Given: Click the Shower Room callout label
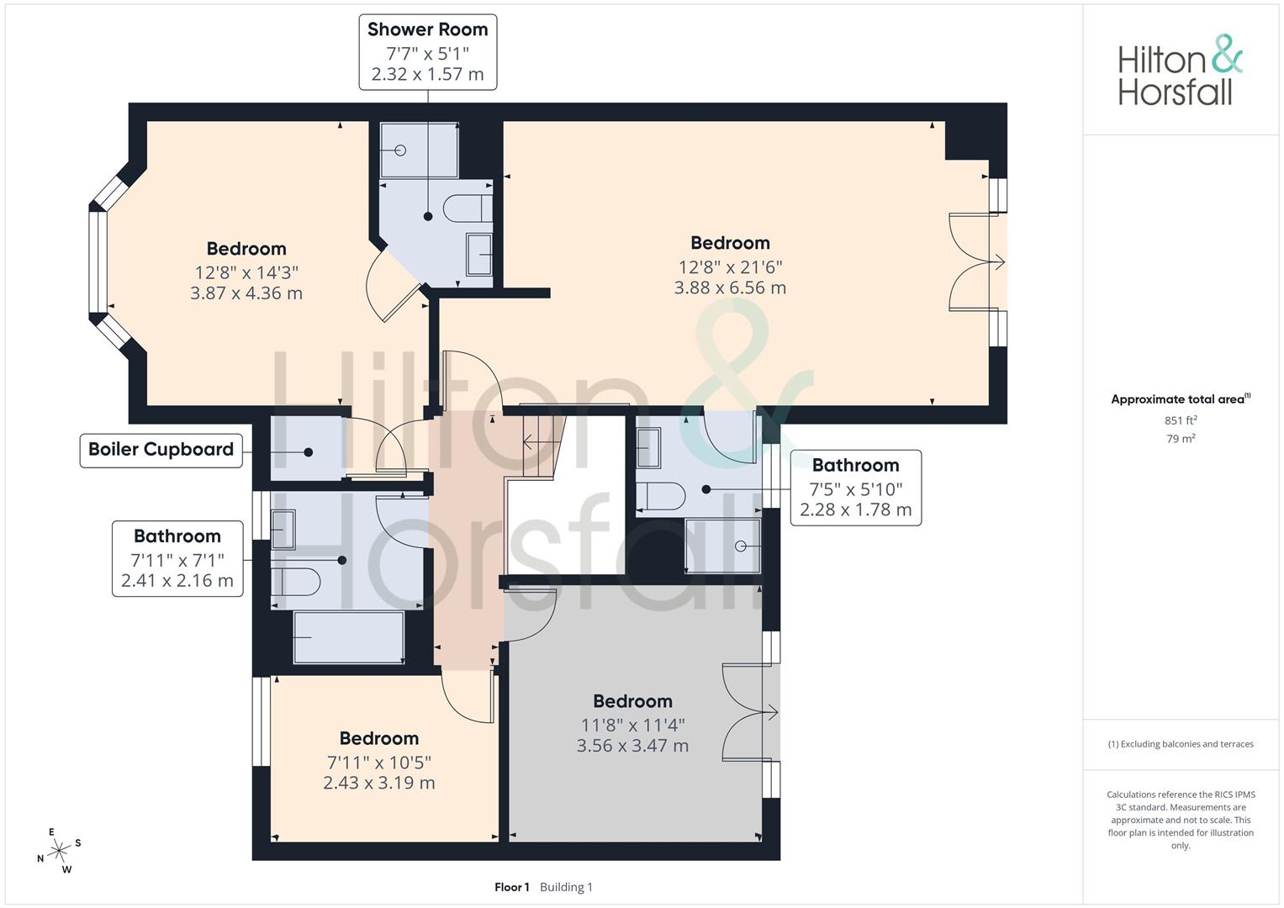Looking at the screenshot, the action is [428, 52].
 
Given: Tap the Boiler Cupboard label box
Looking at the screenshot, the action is [161, 451].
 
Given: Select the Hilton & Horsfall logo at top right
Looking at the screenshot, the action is [1181, 71].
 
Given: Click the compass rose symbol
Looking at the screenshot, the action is [59, 851].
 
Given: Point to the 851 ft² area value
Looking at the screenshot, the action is [1181, 420].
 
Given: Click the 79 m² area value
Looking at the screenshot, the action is [1181, 439].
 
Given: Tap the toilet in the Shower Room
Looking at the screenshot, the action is [468, 209].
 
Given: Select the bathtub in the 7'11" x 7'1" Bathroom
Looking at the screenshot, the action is [348, 637].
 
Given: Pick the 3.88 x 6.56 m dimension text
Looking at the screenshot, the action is [730, 288].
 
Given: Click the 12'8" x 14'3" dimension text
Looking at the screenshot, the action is [246, 272].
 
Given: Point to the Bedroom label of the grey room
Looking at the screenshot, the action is [632, 701].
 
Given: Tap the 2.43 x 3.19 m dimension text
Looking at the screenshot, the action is [379, 783].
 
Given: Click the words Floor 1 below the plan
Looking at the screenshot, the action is [512, 887].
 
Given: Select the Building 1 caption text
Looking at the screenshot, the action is [567, 887].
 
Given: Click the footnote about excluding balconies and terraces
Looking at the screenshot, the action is [1181, 744].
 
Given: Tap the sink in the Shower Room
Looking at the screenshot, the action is [478, 255].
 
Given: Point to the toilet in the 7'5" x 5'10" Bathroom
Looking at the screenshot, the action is [661, 496].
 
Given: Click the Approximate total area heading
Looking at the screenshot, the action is [1181, 399].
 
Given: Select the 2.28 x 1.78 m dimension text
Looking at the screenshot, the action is [855, 509].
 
